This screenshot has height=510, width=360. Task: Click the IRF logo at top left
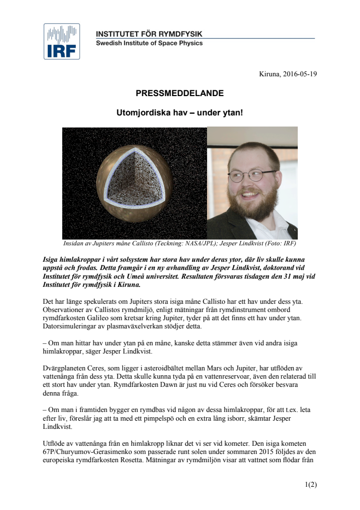tap(62, 41)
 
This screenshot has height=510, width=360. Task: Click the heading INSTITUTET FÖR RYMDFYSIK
tap(149, 34)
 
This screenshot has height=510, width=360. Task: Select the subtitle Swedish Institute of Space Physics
tap(149, 43)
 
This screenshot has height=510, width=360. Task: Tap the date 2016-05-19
tap(299, 74)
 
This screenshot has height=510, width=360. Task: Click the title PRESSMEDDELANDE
tap(180, 93)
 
